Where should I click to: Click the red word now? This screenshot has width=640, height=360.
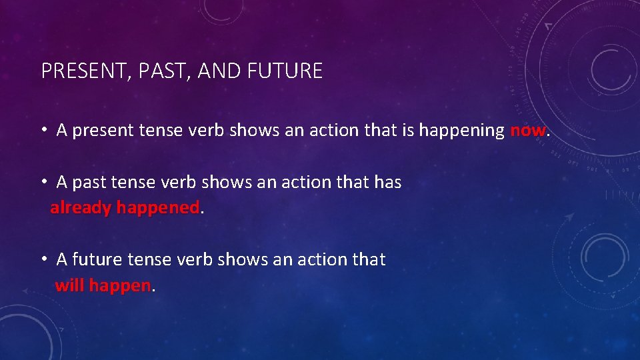tap(527, 130)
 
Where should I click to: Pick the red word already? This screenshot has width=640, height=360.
tap(81, 208)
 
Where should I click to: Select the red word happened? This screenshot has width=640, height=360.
tap(157, 208)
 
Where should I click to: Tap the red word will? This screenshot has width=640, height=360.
tap(69, 286)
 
